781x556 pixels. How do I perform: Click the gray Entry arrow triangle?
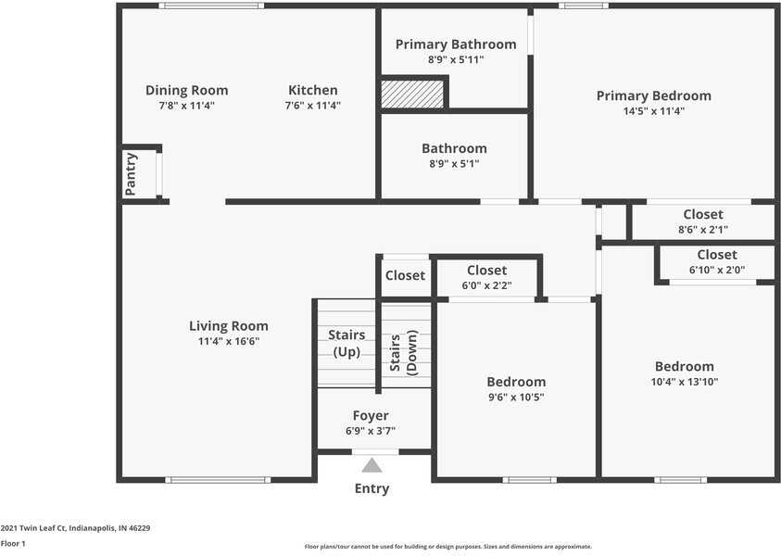(x=372, y=466)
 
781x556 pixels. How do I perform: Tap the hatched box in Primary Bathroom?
(x=412, y=95)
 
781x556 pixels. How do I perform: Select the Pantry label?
(x=131, y=174)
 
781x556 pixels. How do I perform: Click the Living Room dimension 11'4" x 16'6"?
(x=229, y=341)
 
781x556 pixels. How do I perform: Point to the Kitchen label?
(x=313, y=90)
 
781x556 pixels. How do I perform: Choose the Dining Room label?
(x=187, y=91)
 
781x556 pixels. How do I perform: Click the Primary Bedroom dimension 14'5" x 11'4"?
(x=654, y=110)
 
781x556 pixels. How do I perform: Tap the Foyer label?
(x=371, y=415)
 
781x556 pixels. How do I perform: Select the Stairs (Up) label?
(x=346, y=343)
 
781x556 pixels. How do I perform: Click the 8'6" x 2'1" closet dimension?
(x=703, y=230)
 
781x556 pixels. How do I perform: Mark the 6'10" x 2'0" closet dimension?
(x=717, y=270)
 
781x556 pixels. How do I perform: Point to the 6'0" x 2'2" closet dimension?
(x=486, y=285)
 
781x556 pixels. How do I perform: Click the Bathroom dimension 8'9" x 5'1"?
(x=454, y=163)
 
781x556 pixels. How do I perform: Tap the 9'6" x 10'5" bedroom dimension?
(x=516, y=397)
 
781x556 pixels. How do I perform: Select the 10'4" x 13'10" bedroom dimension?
(x=685, y=382)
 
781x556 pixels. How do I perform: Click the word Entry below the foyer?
(x=372, y=488)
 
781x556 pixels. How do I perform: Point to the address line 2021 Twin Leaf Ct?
(x=75, y=528)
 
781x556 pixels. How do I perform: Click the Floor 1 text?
(x=13, y=544)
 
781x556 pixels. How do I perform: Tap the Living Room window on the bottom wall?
(x=218, y=480)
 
